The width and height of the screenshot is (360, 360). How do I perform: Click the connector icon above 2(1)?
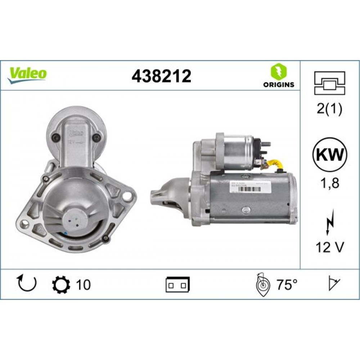329,82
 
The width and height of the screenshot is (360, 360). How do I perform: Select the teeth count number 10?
83,285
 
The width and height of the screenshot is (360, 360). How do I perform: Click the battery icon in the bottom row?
177,284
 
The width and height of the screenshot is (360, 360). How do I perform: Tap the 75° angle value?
287,285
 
